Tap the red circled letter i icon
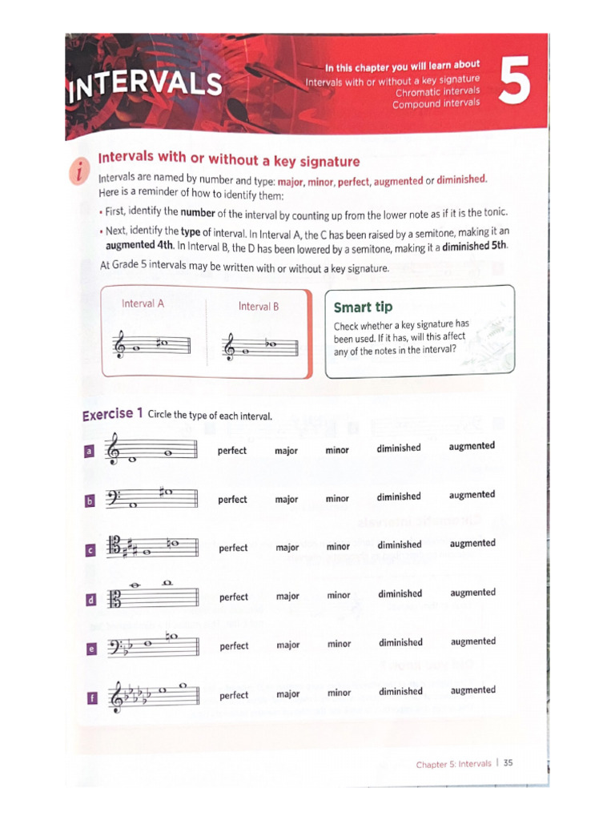[79, 171]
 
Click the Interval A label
[143, 303]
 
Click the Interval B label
[259, 306]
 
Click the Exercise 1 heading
[112, 414]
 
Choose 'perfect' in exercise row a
[232, 451]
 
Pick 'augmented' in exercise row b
[472, 495]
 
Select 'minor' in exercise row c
[338, 547]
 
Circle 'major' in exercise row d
[287, 597]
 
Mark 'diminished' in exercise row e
[400, 642]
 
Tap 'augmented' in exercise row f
[472, 690]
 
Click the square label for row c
[90, 550]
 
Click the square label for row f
[90, 698]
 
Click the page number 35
[508, 763]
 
